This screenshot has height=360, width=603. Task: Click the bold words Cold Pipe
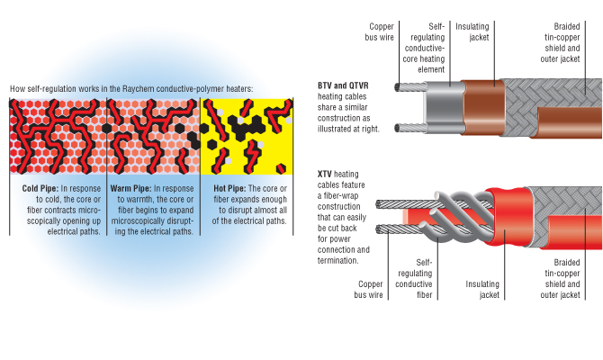(40, 188)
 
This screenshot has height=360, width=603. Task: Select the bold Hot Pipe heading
(229, 188)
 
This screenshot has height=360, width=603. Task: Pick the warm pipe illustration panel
(151, 136)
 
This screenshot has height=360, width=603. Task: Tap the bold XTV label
(326, 172)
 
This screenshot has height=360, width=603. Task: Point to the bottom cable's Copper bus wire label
(370, 288)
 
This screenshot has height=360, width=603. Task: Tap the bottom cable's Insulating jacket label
(482, 288)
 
